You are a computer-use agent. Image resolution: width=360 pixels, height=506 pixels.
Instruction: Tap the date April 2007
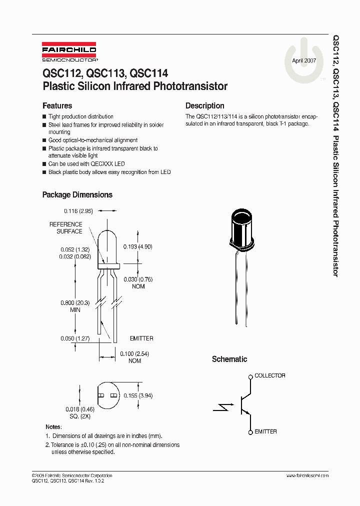pos(304,60)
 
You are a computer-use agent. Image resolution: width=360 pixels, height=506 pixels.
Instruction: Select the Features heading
pos(57,106)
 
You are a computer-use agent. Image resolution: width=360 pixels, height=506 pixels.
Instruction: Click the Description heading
pos(204,106)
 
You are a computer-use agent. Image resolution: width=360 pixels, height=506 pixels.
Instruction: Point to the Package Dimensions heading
pos(77,195)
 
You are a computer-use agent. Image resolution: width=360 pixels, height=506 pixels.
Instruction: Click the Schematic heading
pos(229,359)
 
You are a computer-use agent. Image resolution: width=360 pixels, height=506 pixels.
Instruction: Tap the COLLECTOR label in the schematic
pos(270,375)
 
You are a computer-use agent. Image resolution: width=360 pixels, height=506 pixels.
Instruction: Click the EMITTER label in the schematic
pos(265,431)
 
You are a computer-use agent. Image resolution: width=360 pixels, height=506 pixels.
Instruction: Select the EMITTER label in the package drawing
pos(141,338)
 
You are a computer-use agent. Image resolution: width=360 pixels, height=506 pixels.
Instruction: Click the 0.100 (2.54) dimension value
pos(135,354)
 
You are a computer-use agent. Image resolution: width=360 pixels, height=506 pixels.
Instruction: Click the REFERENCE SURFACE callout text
pos(65,228)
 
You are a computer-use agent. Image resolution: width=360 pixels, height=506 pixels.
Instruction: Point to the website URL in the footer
pos(307,475)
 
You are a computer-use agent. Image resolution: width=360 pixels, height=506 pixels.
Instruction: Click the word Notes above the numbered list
pos(53,427)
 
